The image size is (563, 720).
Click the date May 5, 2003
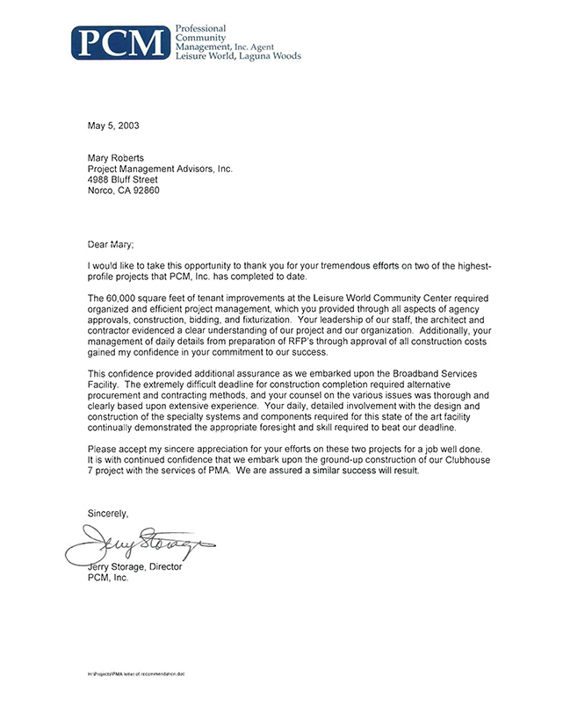coord(113,126)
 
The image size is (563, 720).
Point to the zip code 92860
coord(144,190)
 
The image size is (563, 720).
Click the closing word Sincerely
coord(108,513)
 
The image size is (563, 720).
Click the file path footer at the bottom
coord(136,673)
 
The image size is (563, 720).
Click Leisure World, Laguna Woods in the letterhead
coord(238,56)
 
